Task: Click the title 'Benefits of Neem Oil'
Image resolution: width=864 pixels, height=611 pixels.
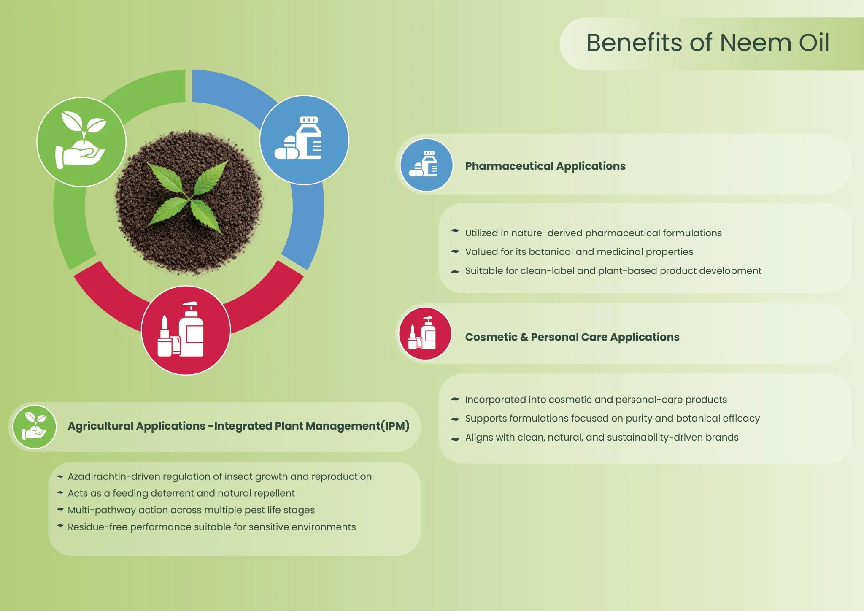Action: click(707, 43)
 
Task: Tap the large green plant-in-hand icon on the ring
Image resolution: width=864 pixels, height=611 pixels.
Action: click(81, 142)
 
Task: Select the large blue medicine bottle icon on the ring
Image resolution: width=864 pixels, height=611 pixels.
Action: click(304, 140)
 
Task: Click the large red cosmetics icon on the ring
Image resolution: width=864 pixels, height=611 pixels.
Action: click(186, 330)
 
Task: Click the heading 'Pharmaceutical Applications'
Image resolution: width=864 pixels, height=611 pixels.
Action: click(545, 166)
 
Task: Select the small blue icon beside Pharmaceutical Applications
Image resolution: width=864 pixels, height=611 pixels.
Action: click(426, 165)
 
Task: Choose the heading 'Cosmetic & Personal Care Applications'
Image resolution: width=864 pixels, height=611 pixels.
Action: click(572, 337)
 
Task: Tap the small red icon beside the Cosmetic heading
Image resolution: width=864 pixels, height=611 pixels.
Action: click(425, 334)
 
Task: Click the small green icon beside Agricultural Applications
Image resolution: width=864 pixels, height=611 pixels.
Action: click(35, 427)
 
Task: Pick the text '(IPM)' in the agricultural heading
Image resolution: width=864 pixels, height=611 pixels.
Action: click(395, 426)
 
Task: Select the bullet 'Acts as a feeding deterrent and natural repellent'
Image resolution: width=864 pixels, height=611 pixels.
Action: click(181, 493)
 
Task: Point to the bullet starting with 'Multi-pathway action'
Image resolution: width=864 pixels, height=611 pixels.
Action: click(191, 510)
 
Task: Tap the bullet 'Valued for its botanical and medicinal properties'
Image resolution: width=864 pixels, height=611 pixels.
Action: click(579, 252)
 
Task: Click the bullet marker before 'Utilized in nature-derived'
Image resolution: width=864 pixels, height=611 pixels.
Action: click(455, 231)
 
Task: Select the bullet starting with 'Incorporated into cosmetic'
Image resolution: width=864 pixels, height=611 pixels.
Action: click(596, 400)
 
